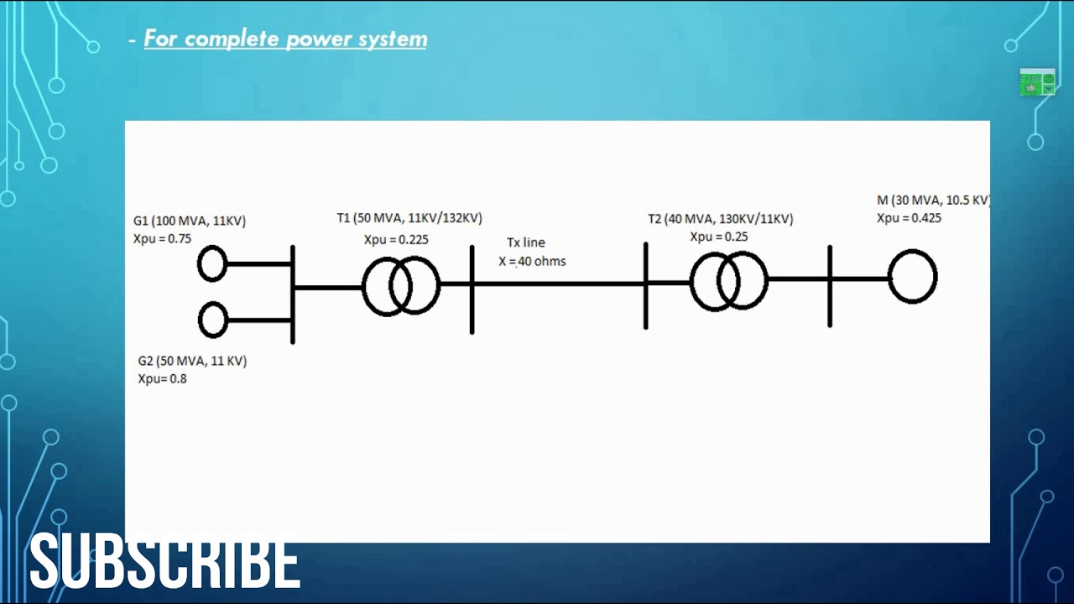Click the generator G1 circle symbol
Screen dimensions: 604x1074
(x=212, y=263)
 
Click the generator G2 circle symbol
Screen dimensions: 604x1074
(x=213, y=320)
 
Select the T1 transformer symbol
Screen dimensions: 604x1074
(x=400, y=286)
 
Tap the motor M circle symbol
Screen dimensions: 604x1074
(x=912, y=276)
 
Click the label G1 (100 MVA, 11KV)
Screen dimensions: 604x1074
(x=190, y=221)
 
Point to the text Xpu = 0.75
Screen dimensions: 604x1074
(x=162, y=238)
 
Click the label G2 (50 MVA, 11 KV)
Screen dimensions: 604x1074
(x=192, y=361)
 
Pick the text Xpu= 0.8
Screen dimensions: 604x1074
(x=162, y=378)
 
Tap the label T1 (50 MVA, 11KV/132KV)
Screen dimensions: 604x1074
(x=409, y=218)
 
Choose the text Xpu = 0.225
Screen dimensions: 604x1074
(x=396, y=239)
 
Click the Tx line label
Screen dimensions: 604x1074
(x=526, y=242)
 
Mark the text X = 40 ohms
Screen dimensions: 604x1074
(x=532, y=261)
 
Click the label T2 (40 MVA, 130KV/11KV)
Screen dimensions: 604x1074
(x=720, y=219)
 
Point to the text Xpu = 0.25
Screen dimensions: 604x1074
(x=719, y=237)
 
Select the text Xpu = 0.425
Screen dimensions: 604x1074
(x=909, y=218)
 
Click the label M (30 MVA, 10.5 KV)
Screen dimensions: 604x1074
(x=933, y=200)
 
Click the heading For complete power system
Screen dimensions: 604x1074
(x=285, y=39)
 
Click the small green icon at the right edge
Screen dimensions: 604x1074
(x=1037, y=82)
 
